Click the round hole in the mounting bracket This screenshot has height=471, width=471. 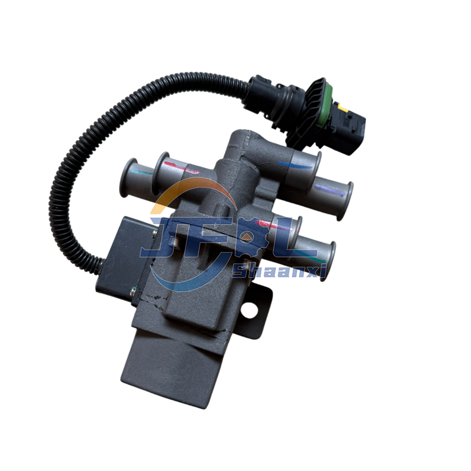click(250, 310)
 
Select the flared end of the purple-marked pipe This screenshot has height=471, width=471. click(348, 201)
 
